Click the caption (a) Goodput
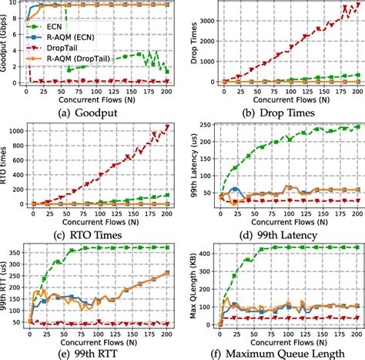(x=92, y=108)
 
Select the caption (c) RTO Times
(x=92, y=224)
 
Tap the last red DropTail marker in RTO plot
(x=164, y=126)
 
